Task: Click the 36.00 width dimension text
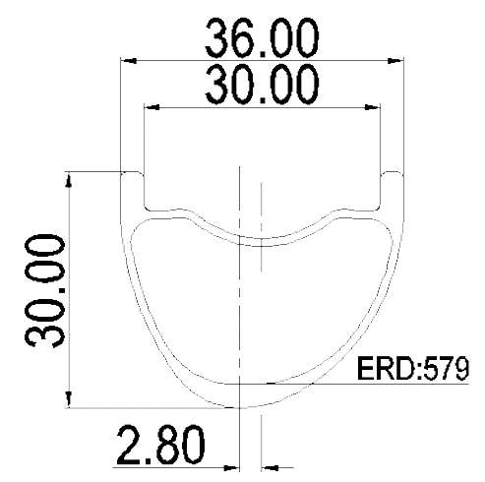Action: pos(262,38)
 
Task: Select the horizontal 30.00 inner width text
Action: pos(262,85)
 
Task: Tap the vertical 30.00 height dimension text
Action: pos(45,291)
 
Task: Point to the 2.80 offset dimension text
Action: pos(161,445)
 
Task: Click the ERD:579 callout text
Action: pos(413,369)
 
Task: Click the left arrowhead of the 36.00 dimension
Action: pos(129,61)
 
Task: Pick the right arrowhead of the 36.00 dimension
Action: pos(395,61)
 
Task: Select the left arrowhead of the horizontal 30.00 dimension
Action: pos(152,107)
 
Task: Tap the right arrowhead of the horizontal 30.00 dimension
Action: pos(373,107)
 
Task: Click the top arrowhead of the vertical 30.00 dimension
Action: pos(69,180)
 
